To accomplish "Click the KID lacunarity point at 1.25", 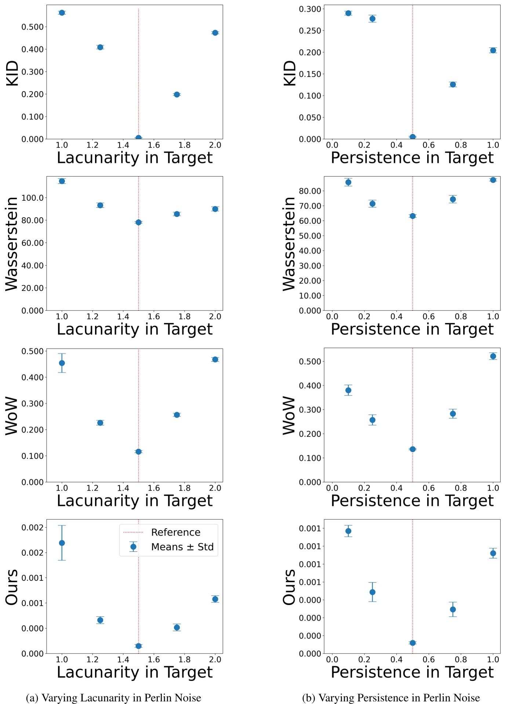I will pos(100,47).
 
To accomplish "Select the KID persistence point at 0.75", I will pos(453,84).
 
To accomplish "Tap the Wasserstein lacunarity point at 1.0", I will pos(62,181).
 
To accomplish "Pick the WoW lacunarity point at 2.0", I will pos(215,359).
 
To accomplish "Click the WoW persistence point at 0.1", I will pos(348,390).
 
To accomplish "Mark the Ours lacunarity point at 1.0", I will pos(62,543).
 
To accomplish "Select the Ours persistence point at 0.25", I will pos(372,592).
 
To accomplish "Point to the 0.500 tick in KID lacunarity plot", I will pos(32,27).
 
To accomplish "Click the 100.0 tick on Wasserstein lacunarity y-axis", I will pos(32,198).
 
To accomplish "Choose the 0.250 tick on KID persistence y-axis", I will pos(310,30).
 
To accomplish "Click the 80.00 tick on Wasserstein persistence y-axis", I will pos(310,191).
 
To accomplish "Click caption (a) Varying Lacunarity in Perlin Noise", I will pos(113,697).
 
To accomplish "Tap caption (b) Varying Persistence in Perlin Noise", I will pos(391,697).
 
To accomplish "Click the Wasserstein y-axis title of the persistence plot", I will pos(289,244).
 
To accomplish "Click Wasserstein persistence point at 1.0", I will pos(493,180).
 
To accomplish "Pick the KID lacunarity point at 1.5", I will pos(138,138).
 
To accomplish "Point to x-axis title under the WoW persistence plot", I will pos(412,500).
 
